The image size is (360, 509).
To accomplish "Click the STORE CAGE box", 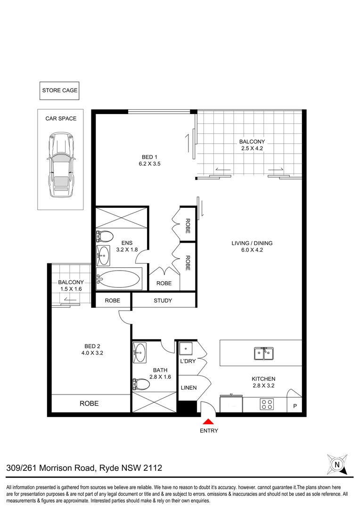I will tap(60, 90).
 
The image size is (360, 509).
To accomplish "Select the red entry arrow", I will tap(209, 421).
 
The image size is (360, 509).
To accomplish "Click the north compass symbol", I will tap(337, 464).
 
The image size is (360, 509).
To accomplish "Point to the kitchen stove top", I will tap(267, 404).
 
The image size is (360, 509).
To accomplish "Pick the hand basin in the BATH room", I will tap(140, 352).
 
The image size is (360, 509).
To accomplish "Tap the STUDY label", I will tap(163, 301).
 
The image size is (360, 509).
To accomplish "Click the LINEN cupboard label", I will tap(189, 388).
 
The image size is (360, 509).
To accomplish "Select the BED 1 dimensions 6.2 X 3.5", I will tap(149, 165).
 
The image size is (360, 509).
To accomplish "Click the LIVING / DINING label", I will tap(252, 243).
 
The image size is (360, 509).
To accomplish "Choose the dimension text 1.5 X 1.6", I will tap(71, 289).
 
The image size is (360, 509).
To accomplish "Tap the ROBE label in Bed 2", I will tap(89, 403).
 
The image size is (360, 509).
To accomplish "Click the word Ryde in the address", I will tap(107, 468).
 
